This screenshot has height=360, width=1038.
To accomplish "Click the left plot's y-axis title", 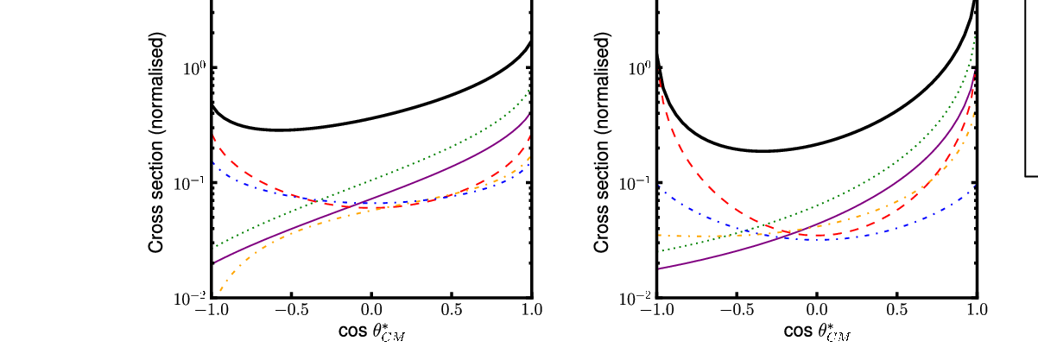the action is pyautogui.click(x=155, y=142).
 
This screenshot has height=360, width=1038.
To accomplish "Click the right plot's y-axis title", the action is pyautogui.click(x=601, y=142).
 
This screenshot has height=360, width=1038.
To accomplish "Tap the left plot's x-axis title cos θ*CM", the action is pyautogui.click(x=372, y=332).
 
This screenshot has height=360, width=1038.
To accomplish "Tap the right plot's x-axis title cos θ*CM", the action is pyautogui.click(x=818, y=332).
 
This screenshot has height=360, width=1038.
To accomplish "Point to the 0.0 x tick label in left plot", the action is pyautogui.click(x=371, y=310).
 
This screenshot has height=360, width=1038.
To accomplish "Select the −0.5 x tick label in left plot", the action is pyautogui.click(x=292, y=310).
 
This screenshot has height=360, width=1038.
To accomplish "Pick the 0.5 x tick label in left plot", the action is pyautogui.click(x=452, y=310).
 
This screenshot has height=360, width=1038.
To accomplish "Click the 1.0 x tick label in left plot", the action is pyautogui.click(x=532, y=310).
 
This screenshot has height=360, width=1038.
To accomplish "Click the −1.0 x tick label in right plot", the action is pyautogui.click(x=656, y=310).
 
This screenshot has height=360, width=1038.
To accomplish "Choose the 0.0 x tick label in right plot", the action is pyautogui.click(x=817, y=310).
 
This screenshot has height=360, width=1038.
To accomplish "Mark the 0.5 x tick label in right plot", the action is pyautogui.click(x=897, y=310).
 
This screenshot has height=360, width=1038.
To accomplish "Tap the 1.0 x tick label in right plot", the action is pyautogui.click(x=978, y=310).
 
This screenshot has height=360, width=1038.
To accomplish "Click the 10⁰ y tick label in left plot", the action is pyautogui.click(x=194, y=68).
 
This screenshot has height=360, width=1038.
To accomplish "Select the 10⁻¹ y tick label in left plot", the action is pyautogui.click(x=189, y=184).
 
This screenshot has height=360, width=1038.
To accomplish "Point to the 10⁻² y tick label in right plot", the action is pyautogui.click(x=635, y=299).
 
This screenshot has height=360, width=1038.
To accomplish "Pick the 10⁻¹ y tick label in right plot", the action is pyautogui.click(x=635, y=184).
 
